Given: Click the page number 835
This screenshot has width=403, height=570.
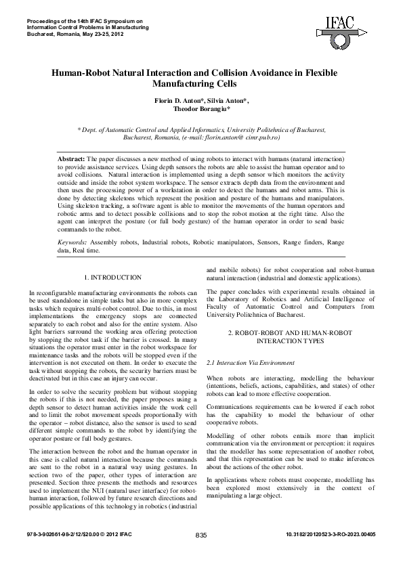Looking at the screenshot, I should point(201,554).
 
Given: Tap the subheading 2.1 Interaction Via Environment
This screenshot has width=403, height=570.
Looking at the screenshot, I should point(245,363).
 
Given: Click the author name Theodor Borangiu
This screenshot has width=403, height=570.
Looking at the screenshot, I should point(201,110).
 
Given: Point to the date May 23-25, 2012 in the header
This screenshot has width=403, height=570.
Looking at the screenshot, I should point(96,32).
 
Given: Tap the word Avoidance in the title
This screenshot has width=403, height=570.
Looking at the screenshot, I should point(260,72).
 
